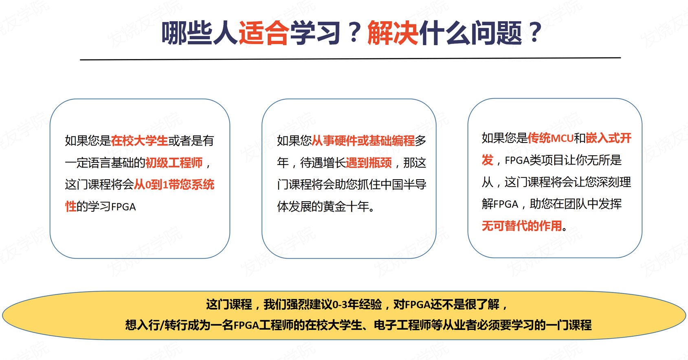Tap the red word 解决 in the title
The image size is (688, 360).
click(x=393, y=33)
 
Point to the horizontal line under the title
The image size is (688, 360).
click(x=350, y=58)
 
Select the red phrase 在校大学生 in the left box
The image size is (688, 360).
click(x=139, y=140)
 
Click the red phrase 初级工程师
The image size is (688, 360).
click(x=174, y=163)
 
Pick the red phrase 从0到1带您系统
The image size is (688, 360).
click(x=174, y=184)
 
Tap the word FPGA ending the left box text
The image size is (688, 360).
click(x=123, y=207)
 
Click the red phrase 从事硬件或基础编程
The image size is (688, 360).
click(x=363, y=140)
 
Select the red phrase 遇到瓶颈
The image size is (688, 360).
click(x=369, y=163)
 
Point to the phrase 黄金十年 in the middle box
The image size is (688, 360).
click(x=346, y=207)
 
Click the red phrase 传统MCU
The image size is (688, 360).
click(x=550, y=138)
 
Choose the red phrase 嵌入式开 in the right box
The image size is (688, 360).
click(x=609, y=138)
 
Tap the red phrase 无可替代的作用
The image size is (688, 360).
click(x=522, y=226)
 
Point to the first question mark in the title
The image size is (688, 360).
click(x=354, y=32)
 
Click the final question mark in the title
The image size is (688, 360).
click(x=535, y=32)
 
